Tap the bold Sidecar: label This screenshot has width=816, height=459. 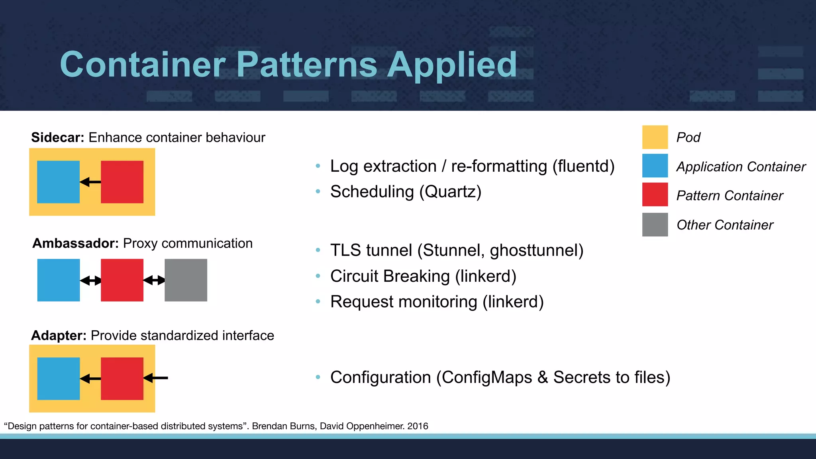57,137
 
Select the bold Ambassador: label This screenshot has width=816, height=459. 75,243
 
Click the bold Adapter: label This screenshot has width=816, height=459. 59,335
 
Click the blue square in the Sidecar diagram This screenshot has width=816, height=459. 58,182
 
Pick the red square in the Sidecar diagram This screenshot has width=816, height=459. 122,182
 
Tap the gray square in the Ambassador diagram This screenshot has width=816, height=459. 186,280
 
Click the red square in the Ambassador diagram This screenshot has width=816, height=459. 122,280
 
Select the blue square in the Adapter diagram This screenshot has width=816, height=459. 58,379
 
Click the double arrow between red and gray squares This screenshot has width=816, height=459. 154,280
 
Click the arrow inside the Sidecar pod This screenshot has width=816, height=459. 90,182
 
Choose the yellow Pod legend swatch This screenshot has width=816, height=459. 655,137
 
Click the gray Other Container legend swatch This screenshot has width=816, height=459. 655,225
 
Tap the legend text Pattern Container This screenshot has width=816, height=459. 729,196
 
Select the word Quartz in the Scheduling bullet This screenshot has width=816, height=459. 450,192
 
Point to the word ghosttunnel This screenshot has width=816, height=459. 534,251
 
